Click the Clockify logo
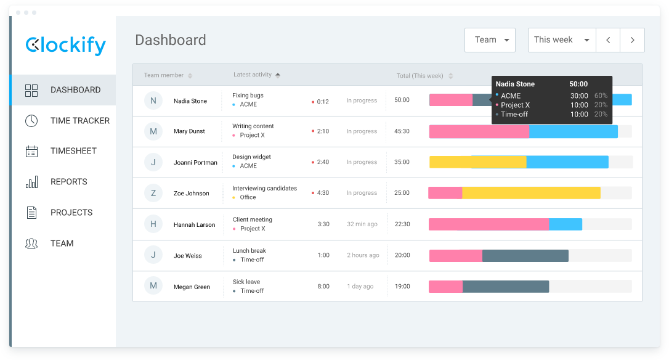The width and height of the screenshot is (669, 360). click(x=65, y=45)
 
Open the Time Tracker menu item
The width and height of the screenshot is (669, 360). click(x=79, y=121)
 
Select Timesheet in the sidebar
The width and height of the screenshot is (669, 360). click(x=73, y=151)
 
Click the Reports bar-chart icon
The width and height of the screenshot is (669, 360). click(x=31, y=182)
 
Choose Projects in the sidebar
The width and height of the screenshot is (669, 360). click(x=71, y=213)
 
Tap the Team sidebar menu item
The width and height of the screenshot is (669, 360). click(x=62, y=243)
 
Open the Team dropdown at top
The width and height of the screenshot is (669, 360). click(x=490, y=40)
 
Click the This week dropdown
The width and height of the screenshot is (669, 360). click(x=561, y=40)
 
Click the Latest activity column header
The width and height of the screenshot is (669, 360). click(x=253, y=75)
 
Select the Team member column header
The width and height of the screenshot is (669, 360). click(x=164, y=75)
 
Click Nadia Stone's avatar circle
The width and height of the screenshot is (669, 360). click(x=153, y=100)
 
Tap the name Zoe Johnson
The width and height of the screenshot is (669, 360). click(x=191, y=194)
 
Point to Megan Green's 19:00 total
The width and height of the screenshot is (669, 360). click(x=402, y=287)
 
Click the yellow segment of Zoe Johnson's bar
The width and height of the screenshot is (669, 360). click(x=531, y=193)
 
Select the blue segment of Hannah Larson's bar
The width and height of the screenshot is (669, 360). click(x=566, y=224)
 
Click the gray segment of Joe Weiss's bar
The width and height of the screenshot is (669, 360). click(x=525, y=255)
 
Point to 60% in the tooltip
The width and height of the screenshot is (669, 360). click(x=601, y=96)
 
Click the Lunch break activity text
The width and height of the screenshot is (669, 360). click(x=249, y=251)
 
